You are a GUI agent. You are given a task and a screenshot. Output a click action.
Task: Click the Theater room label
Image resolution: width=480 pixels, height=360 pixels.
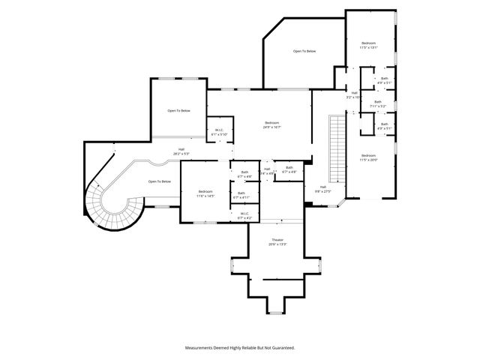pos(277,240)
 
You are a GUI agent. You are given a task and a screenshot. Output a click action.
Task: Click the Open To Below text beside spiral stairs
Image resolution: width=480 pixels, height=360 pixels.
pos(160,181)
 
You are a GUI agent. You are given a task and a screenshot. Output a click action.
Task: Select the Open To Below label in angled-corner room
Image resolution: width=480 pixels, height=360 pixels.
pos(304,51)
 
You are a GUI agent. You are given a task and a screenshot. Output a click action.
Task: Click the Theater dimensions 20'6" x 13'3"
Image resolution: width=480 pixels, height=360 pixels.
pos(277,244)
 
